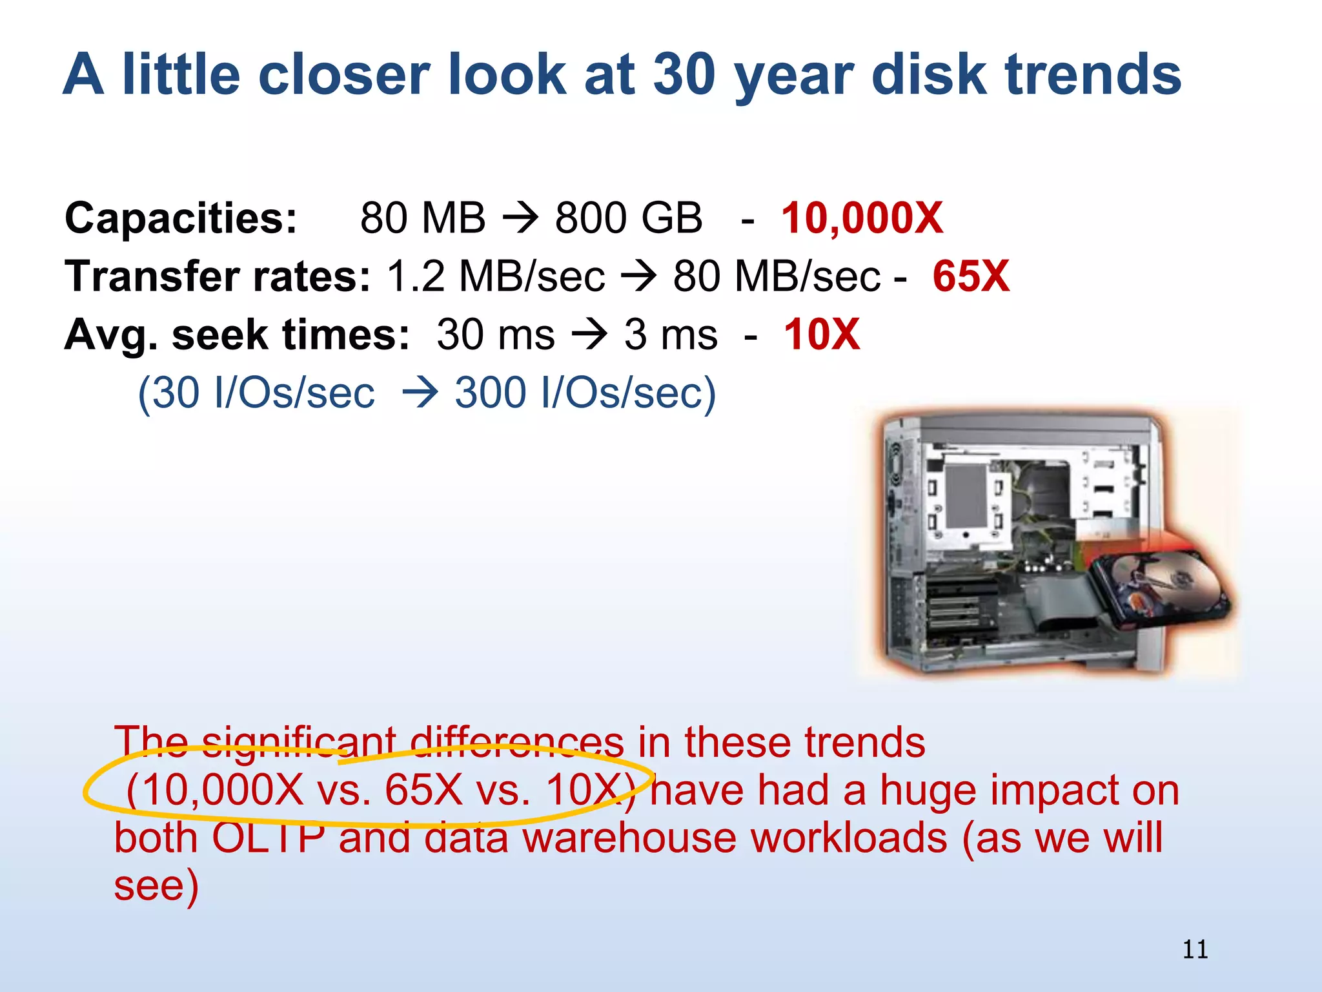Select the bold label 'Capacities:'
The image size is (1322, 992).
[x=181, y=218]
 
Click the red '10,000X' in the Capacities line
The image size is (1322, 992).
[x=862, y=218]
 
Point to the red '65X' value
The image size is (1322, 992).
[x=970, y=276]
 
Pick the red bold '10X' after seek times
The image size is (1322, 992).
[x=821, y=335]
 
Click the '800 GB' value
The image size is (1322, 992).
[x=628, y=218]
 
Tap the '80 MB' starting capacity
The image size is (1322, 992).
[x=423, y=218]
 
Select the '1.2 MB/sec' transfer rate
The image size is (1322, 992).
[x=496, y=276]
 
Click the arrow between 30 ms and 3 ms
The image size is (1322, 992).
[x=589, y=335]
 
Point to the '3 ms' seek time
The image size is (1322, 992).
[x=670, y=335]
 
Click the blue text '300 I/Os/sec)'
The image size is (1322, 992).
[x=585, y=393]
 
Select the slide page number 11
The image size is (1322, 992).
[x=1195, y=949]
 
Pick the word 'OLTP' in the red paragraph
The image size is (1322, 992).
[x=268, y=838]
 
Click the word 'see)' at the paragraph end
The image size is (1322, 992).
[x=156, y=885]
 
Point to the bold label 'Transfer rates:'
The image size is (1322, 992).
[x=218, y=276]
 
